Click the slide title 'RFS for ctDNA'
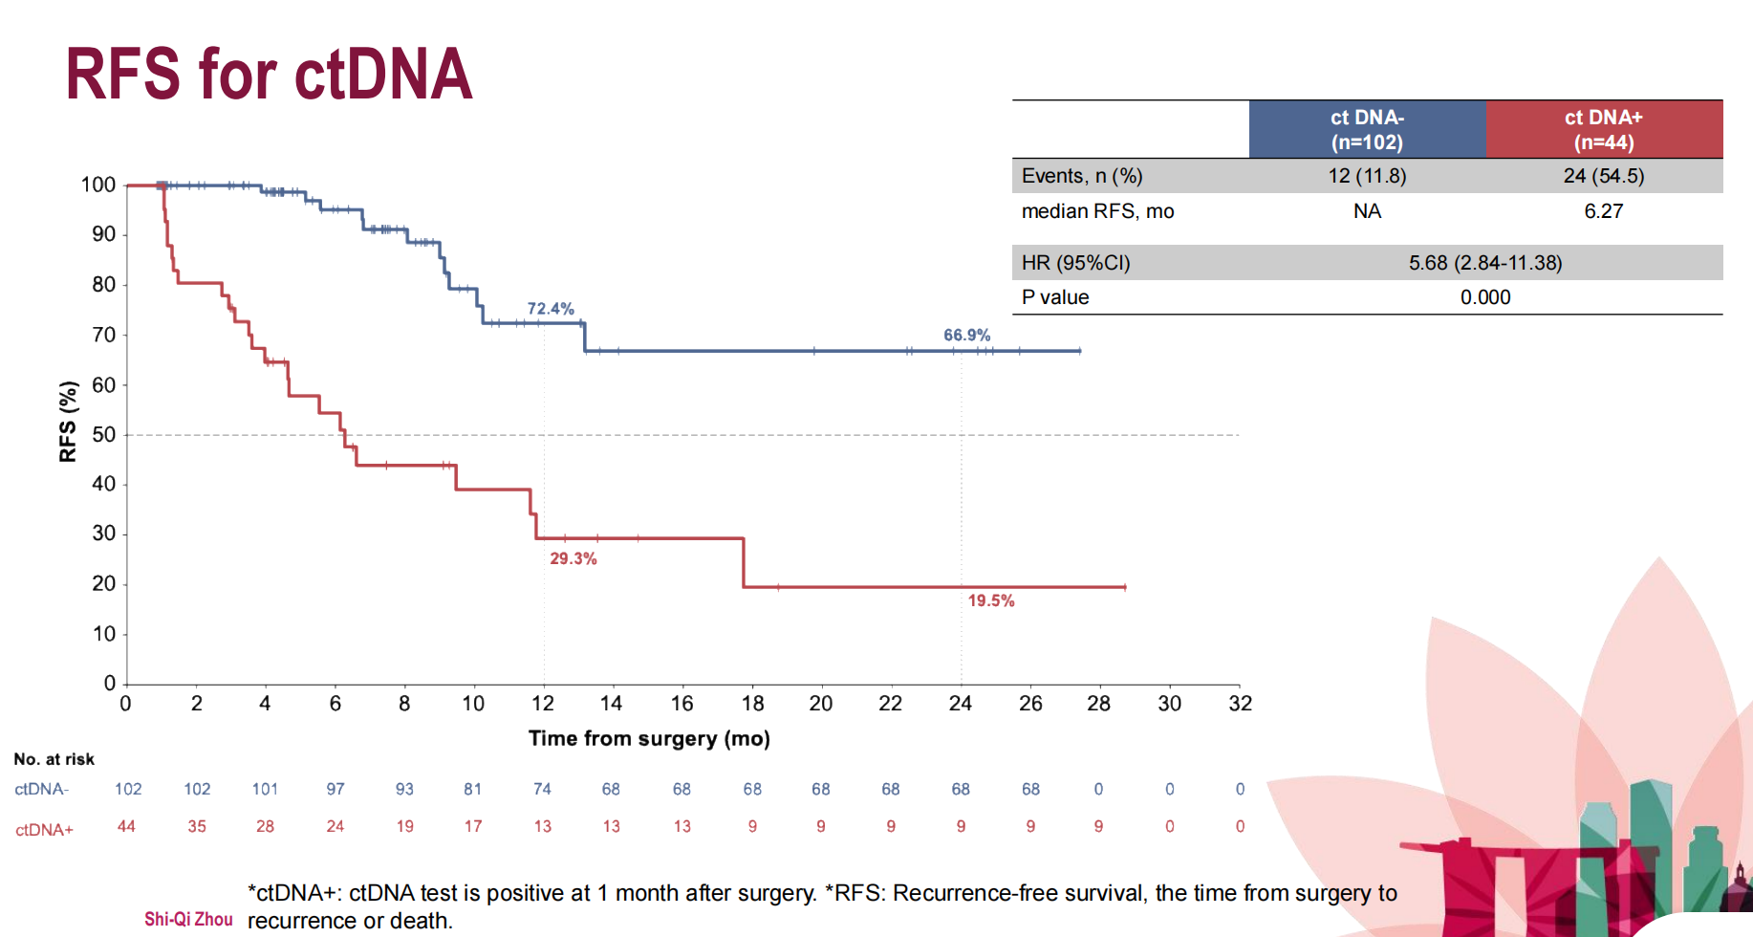coord(269,74)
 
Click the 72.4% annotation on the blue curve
coord(551,309)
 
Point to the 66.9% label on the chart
coord(966,336)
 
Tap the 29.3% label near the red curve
coord(573,558)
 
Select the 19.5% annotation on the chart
coord(990,600)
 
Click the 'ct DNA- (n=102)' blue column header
coord(1367,130)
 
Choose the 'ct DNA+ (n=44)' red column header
coord(1603,130)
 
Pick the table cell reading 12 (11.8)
coord(1367,176)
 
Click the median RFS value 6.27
coord(1603,211)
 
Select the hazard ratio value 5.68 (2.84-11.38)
coord(1484,263)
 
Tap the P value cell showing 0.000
coord(1484,297)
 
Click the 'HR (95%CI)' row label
coord(1075,263)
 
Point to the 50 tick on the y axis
coord(103,434)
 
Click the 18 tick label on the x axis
coord(752,704)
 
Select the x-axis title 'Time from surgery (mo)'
coord(649,738)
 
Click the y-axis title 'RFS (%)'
coord(68,422)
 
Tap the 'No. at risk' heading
coord(54,759)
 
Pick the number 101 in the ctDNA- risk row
coord(265,789)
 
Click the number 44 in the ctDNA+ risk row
coord(126,826)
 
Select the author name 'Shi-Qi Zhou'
coord(188,919)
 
